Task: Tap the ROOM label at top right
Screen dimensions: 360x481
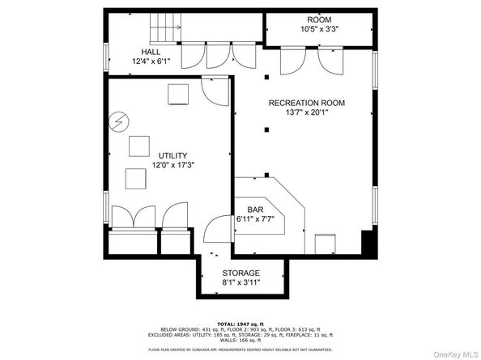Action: click(x=318, y=19)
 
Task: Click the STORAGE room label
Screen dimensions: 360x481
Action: click(x=240, y=273)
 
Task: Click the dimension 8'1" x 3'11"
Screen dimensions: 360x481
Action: click(x=240, y=284)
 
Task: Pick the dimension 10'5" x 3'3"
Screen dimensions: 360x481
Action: click(x=318, y=30)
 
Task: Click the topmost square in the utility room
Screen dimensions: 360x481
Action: click(x=178, y=95)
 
